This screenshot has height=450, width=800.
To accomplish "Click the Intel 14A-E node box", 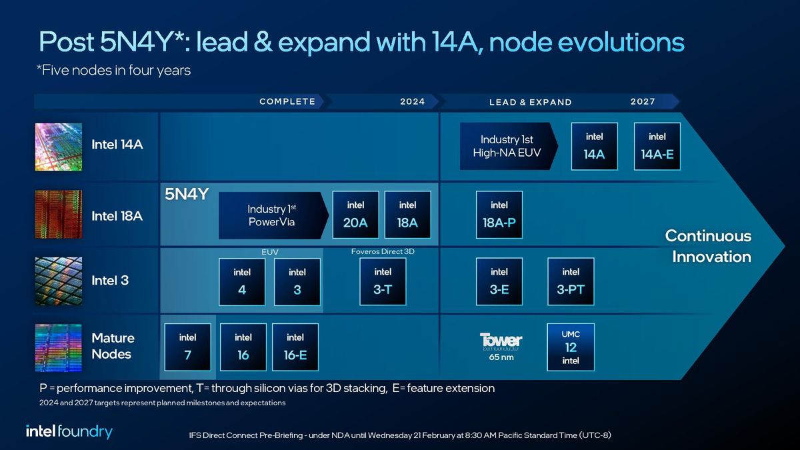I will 657,146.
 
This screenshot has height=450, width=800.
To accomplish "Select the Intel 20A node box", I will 355,215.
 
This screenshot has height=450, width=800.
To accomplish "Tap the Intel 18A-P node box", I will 499,215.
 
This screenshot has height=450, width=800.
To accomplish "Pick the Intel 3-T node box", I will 383,281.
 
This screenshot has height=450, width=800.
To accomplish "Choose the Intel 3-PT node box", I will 571,281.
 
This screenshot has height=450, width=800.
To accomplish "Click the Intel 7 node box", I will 188,347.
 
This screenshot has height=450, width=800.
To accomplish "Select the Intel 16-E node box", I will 295,347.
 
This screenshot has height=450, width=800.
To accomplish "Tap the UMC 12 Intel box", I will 571,347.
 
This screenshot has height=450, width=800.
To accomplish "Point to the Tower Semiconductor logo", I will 501,341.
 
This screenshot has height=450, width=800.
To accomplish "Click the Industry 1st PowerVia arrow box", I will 272,215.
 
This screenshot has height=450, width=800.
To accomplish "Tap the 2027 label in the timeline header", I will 643,101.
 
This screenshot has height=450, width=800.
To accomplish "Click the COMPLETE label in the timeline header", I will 287,101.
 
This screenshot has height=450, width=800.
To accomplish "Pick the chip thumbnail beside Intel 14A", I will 59,147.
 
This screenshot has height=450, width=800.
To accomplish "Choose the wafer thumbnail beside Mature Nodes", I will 59,347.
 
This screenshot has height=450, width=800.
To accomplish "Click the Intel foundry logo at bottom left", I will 69,431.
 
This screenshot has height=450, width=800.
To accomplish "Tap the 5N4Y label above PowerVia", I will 187,195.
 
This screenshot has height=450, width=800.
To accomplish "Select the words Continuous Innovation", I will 708,246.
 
